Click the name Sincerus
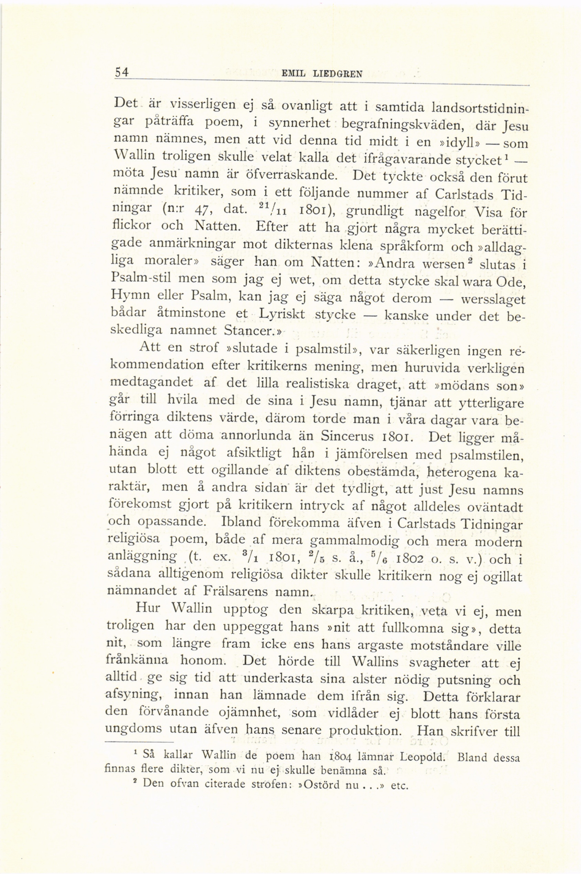pyautogui.click(x=347, y=436)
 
